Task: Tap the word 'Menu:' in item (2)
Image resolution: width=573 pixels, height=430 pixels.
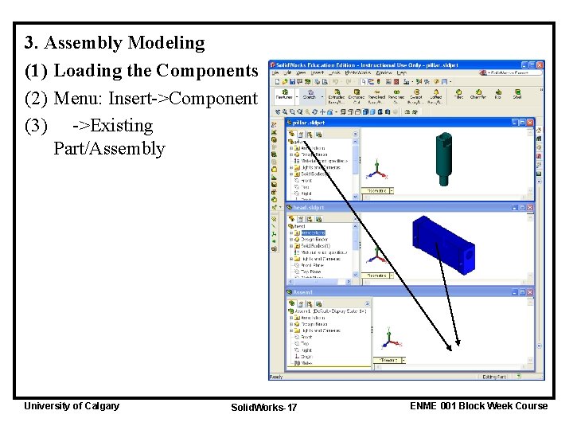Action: [x=79, y=98]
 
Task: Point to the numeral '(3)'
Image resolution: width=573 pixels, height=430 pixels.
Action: [x=37, y=125]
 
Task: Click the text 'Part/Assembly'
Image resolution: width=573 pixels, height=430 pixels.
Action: [x=109, y=148]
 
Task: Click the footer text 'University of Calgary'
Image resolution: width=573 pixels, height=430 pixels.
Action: [x=72, y=405]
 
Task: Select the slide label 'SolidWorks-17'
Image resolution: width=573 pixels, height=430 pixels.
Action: [x=263, y=407]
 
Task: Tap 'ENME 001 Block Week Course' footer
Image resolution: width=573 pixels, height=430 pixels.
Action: [x=478, y=405]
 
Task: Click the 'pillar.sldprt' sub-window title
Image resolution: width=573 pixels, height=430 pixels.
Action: [x=309, y=123]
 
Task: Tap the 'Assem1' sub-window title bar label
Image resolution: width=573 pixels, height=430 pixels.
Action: [x=304, y=292]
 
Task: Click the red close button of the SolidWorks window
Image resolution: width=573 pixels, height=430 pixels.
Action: [x=540, y=64]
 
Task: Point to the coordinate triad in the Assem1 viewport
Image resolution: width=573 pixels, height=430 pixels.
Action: [x=389, y=339]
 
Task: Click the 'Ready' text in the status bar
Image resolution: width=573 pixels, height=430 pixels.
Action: [x=276, y=377]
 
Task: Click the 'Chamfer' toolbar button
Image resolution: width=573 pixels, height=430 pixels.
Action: [x=478, y=95]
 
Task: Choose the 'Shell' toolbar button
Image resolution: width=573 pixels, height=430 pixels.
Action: [x=516, y=95]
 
